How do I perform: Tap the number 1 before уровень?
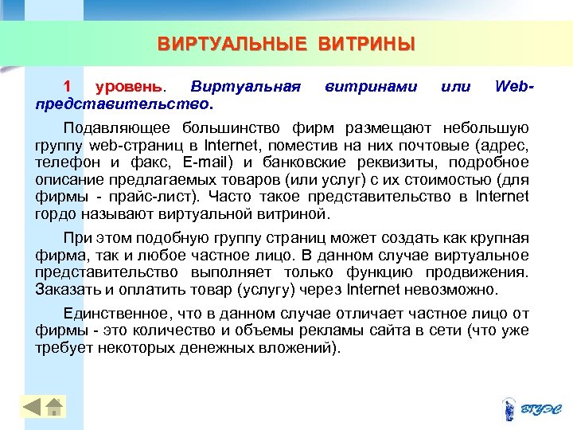67,86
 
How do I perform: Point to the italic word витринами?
370,86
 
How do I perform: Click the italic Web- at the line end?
513,86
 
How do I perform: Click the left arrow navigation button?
32,407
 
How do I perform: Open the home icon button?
54,407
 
